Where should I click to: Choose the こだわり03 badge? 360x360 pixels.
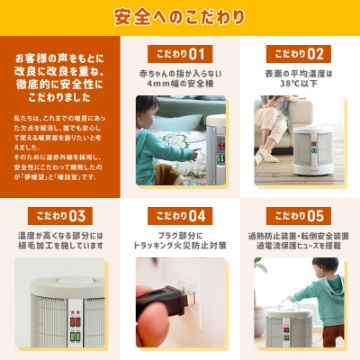pyautogui.click(x=62, y=216)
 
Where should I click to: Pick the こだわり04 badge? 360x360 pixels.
pyautogui.click(x=179, y=216)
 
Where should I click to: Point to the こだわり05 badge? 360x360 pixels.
pyautogui.click(x=296, y=216)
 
